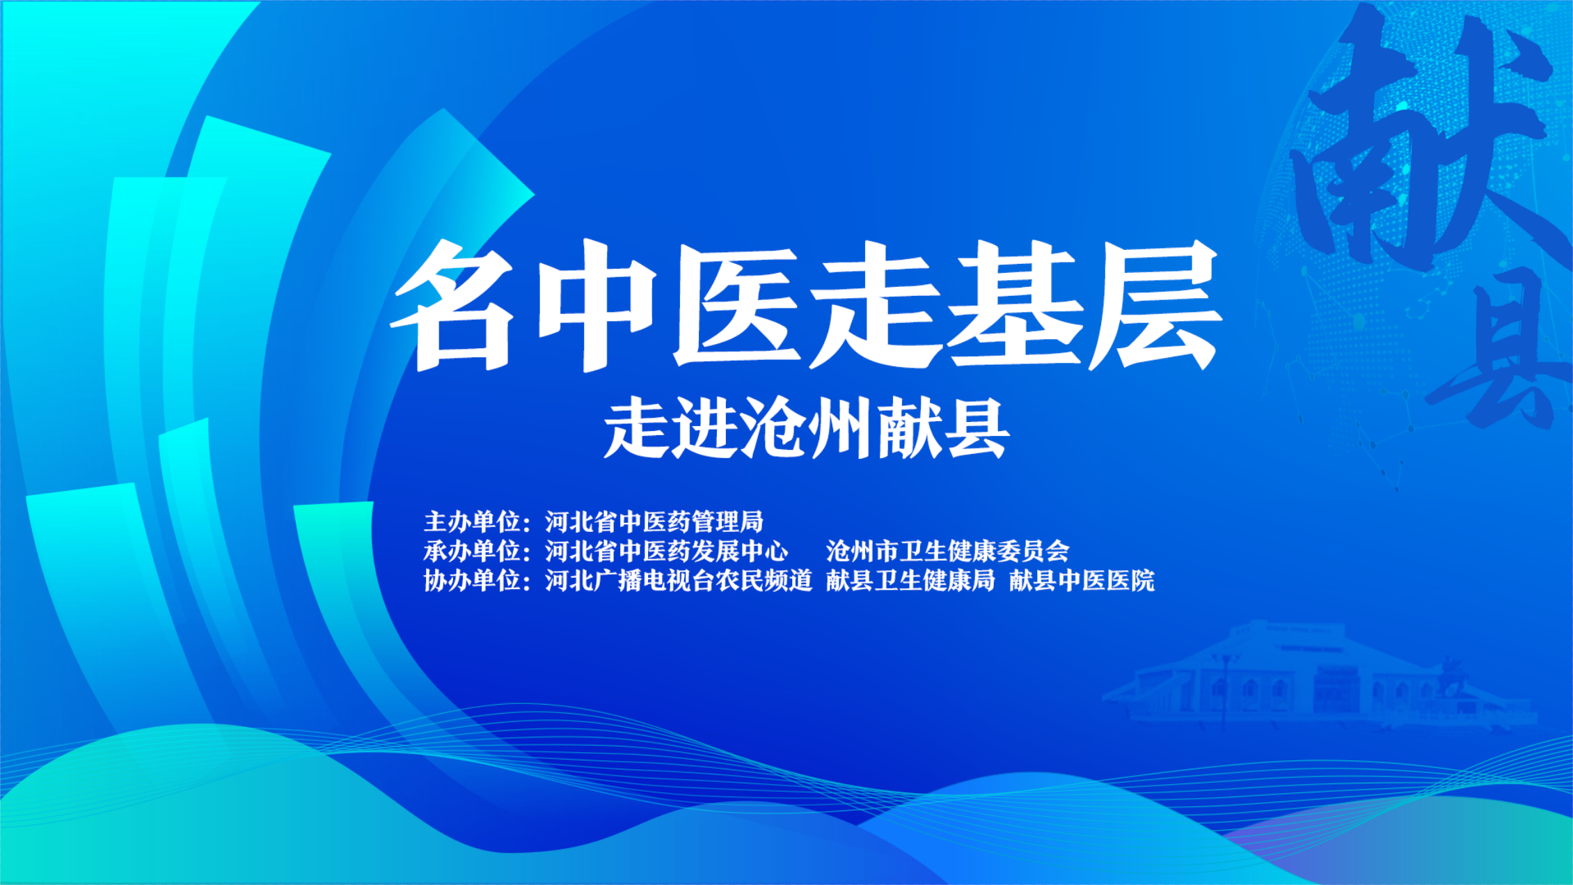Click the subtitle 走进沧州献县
point(807,428)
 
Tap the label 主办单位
point(472,522)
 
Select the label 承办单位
point(472,551)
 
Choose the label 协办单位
point(472,580)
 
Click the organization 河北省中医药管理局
point(654,522)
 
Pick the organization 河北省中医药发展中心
point(667,551)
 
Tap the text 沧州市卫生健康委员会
point(947,551)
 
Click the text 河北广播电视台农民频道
point(679,580)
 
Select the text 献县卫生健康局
point(910,580)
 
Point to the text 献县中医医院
point(1082,580)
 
